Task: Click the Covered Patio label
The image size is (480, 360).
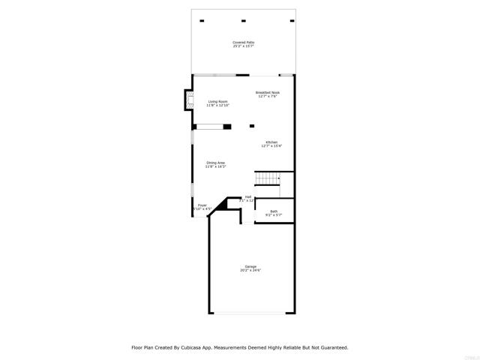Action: [x=243, y=43]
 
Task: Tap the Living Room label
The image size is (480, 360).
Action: [x=218, y=101]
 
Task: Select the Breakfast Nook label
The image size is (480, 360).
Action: [x=268, y=92]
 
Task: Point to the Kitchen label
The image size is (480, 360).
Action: [x=271, y=142]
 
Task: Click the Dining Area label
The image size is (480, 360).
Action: [x=216, y=162]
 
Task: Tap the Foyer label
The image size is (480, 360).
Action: [x=202, y=205]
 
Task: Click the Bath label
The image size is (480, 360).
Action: [x=274, y=211]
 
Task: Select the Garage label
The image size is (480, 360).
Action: [x=250, y=266]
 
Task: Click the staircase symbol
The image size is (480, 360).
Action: [x=268, y=178]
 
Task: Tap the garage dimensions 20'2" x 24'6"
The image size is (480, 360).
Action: [x=250, y=270]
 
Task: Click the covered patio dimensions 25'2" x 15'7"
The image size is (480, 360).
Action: [x=243, y=46]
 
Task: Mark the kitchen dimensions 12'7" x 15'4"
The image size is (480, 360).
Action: [x=271, y=145]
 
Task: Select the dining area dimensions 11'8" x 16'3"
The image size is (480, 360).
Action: [x=216, y=166]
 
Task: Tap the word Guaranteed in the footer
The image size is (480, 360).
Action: [x=331, y=348]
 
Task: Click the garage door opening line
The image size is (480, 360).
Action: [x=250, y=313]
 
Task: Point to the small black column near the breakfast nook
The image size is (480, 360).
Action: [x=252, y=125]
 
